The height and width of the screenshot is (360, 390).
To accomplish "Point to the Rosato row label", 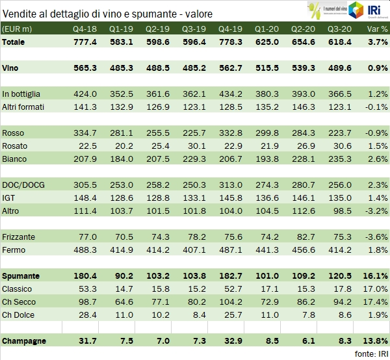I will coord(14,146).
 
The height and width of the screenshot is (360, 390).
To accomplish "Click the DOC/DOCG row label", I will coord(21,185).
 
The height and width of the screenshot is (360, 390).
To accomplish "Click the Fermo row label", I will coord(14,250).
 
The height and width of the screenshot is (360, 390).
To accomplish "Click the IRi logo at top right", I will coord(374,10).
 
